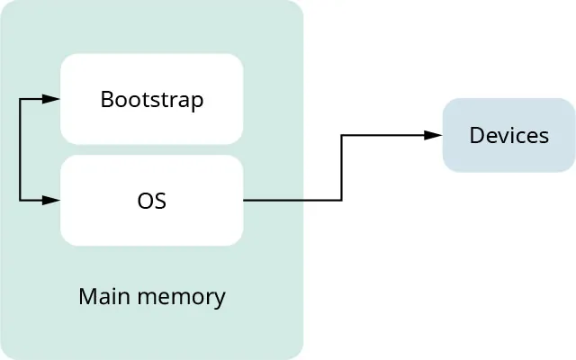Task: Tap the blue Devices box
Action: tap(508, 135)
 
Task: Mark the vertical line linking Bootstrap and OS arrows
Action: tap(20, 148)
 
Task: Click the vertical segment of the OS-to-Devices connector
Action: tap(342, 167)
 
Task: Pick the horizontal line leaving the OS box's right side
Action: tap(292, 200)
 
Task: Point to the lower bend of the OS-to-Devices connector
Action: tap(342, 200)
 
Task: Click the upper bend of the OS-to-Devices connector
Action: tap(342, 135)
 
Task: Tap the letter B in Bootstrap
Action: tap(106, 99)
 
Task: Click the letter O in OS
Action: tap(144, 201)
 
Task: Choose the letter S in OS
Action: tap(160, 201)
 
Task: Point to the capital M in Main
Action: tap(86, 296)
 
